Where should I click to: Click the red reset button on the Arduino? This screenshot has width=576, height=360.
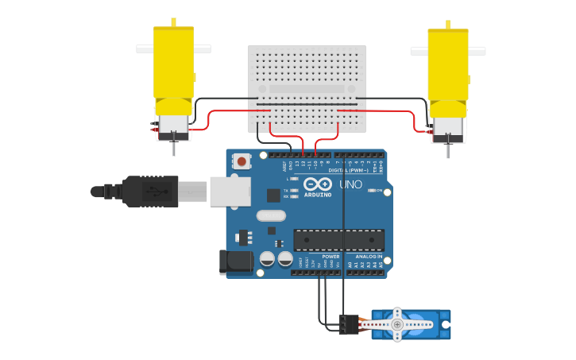click(x=242, y=161)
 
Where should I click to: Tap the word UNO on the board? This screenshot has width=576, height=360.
click(x=351, y=184)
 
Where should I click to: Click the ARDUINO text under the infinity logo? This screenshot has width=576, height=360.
click(x=318, y=195)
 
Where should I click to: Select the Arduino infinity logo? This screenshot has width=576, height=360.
click(x=317, y=184)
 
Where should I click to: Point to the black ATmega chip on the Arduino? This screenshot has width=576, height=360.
click(x=339, y=240)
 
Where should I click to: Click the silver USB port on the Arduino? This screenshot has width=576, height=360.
click(x=230, y=192)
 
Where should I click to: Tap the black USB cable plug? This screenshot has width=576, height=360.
click(x=151, y=192)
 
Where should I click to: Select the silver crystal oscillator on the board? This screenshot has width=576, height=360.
click(x=271, y=215)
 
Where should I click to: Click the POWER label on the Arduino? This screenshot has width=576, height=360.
click(x=331, y=257)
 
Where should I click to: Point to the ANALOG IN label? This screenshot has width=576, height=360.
click(x=369, y=257)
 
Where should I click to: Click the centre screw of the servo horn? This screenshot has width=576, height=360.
click(x=397, y=324)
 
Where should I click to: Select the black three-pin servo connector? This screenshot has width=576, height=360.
click(x=348, y=324)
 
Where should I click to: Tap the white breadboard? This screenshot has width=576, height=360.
click(x=307, y=88)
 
